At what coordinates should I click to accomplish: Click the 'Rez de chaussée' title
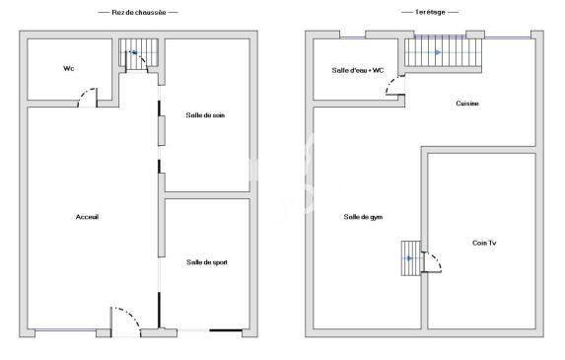[x=138, y=12]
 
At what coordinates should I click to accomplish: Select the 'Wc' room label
[x=68, y=68]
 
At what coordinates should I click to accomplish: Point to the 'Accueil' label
[x=88, y=217]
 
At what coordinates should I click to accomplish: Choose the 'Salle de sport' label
[x=206, y=262]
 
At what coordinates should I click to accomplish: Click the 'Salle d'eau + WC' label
[x=357, y=70]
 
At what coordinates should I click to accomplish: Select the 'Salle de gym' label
[x=363, y=217]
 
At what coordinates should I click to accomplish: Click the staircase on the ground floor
[x=132, y=54]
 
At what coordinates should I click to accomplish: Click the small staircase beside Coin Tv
[x=409, y=258]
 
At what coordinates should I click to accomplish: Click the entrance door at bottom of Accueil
[x=125, y=319]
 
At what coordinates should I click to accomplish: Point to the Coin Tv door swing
[x=432, y=261]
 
